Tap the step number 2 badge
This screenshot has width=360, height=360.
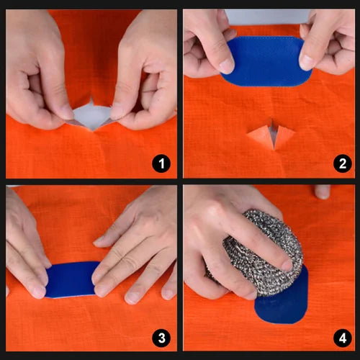[343, 164]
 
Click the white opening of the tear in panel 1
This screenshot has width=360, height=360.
[93, 115]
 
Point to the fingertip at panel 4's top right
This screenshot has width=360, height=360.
[323, 192]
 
